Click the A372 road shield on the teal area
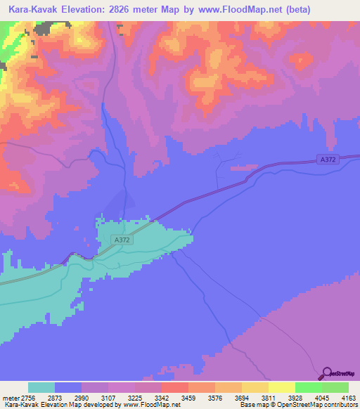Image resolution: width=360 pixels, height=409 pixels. [x=121, y=240]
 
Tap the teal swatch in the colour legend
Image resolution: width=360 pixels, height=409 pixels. [x=41, y=387]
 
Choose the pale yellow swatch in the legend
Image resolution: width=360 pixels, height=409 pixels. [x=281, y=387]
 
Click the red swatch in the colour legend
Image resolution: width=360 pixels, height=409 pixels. [x=174, y=387]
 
